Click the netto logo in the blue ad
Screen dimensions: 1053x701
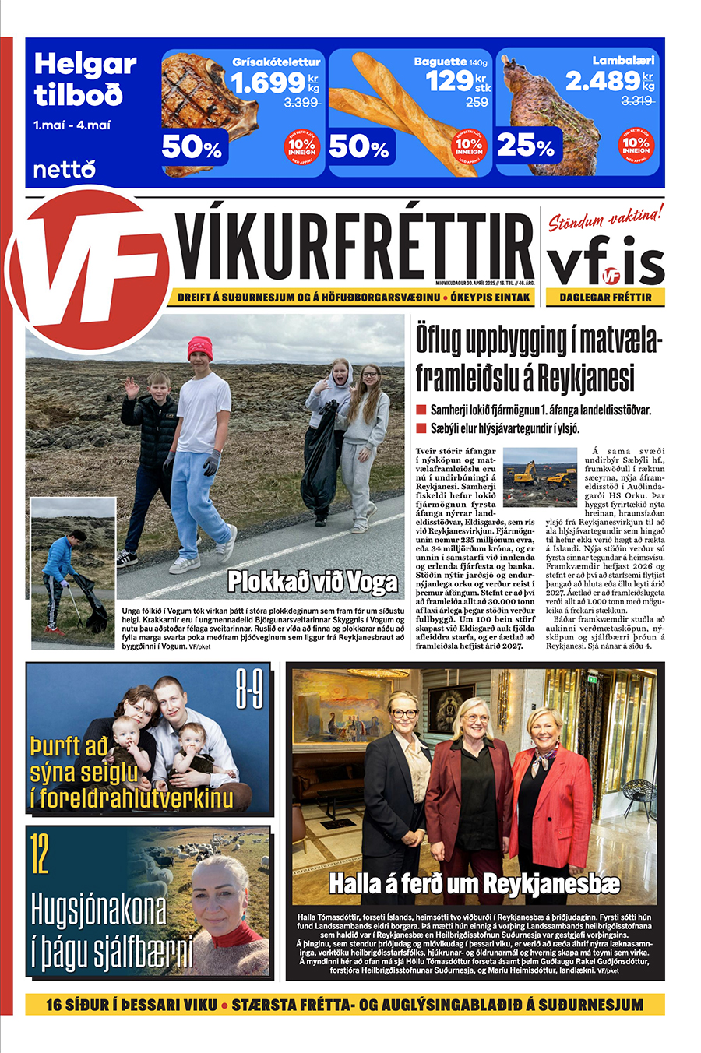[x=64, y=168]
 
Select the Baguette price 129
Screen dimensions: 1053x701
[x=449, y=81]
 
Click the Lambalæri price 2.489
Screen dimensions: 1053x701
[x=602, y=81]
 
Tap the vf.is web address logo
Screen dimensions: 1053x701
[x=605, y=264]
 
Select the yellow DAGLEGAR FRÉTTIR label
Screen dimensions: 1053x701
[x=605, y=298]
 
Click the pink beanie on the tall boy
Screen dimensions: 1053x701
[x=200, y=347]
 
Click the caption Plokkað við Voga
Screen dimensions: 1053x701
[x=312, y=582]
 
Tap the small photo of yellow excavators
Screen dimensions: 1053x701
[x=540, y=477]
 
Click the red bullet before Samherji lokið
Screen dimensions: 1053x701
[x=421, y=410]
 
